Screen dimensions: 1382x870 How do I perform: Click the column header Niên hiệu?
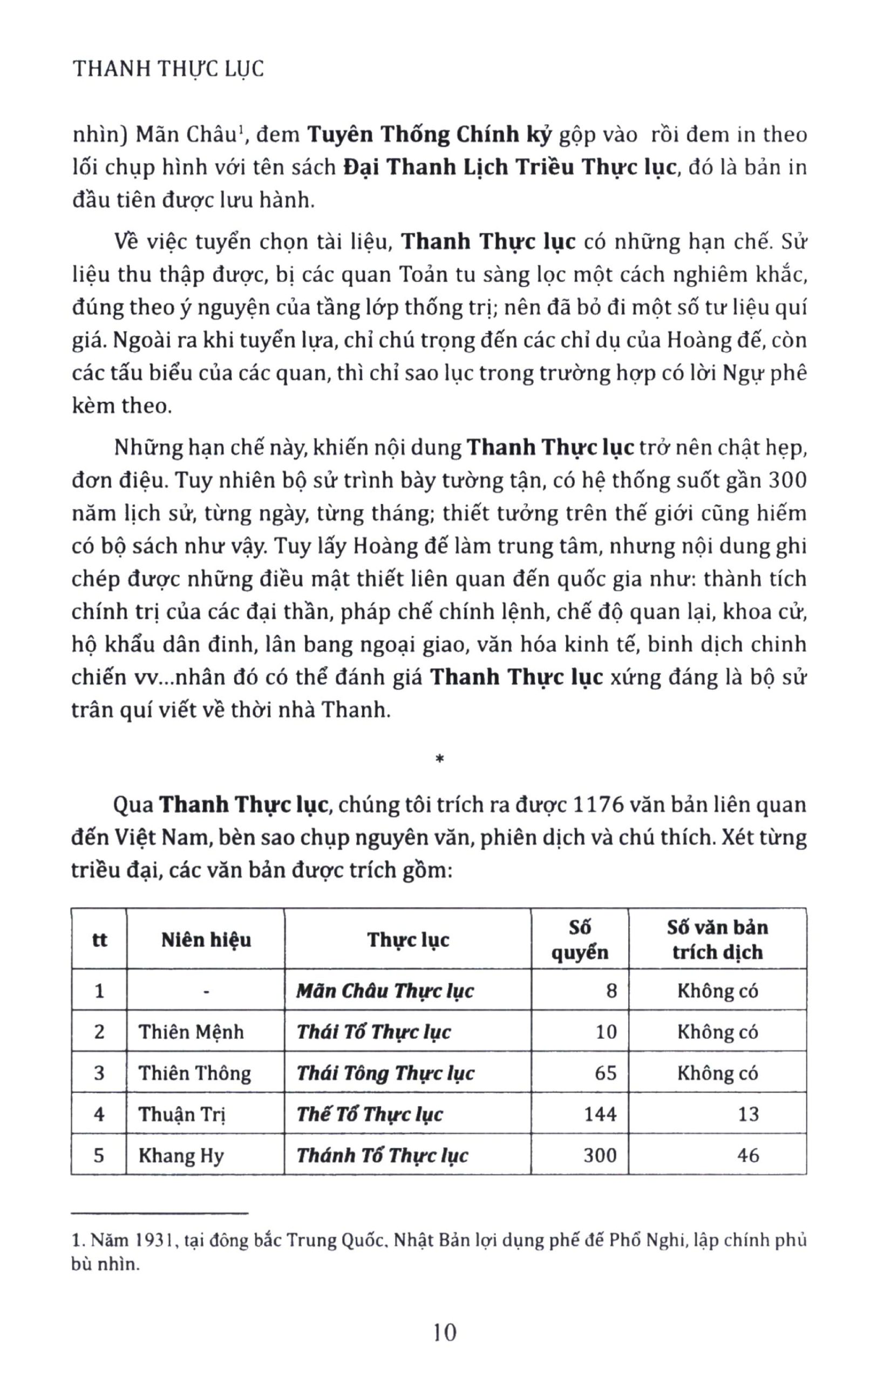coord(206,939)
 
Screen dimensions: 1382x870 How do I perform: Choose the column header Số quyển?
coord(580,939)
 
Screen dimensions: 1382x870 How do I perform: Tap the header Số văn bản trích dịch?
coord(717,939)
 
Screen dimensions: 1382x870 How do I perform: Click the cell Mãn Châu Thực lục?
coord(385,991)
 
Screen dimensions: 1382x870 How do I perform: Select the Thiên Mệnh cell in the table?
coord(191,1032)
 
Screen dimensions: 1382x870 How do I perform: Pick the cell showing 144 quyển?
coord(600,1114)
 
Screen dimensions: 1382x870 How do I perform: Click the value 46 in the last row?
coord(748,1155)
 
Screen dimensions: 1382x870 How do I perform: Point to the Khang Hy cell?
coord(181,1155)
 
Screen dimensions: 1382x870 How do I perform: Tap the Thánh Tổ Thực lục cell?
coord(382,1155)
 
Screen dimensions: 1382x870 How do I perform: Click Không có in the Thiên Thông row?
coord(717,1073)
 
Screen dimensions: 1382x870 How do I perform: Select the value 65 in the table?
coord(606,1073)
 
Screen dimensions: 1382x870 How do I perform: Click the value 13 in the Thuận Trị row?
coord(748,1114)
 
